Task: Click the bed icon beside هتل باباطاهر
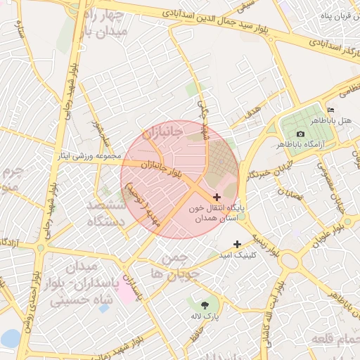[x=331, y=110]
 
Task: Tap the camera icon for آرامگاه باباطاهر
[x=301, y=134]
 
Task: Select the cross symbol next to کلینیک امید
[x=237, y=243]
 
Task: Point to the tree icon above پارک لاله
[x=205, y=304]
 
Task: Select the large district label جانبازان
[x=162, y=131]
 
